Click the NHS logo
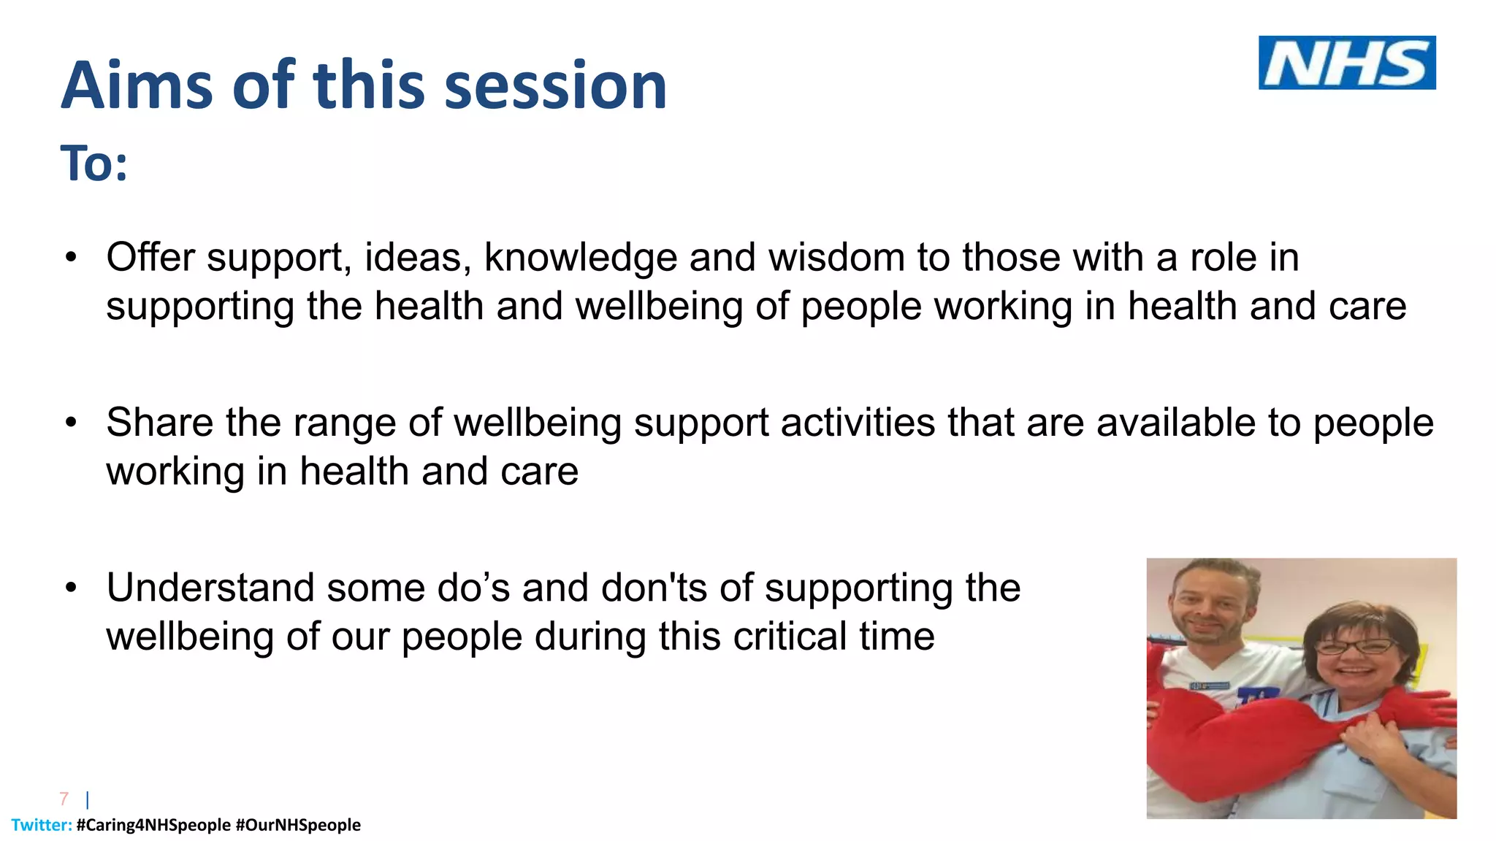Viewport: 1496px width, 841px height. (x=1346, y=63)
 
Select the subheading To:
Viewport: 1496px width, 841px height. (x=93, y=164)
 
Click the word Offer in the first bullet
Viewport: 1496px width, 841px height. (x=150, y=258)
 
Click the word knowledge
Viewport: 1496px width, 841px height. (x=580, y=258)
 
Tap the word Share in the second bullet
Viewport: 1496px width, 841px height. (x=159, y=423)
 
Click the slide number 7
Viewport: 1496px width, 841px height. (x=64, y=799)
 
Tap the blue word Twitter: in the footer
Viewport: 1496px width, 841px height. (x=42, y=825)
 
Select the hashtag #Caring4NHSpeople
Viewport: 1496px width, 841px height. (x=153, y=825)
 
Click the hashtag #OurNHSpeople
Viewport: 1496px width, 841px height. (x=298, y=825)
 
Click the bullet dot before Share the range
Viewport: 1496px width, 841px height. (x=70, y=423)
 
